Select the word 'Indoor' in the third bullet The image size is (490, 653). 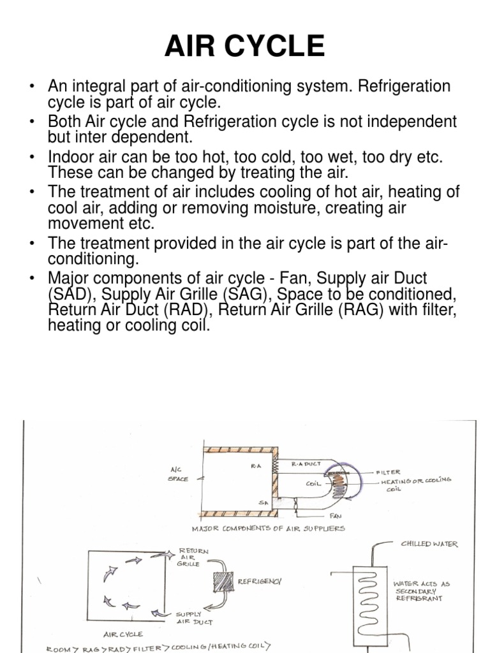tap(68, 156)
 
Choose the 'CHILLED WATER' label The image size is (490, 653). tap(429, 544)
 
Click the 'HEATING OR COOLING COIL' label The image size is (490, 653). tap(416, 485)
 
